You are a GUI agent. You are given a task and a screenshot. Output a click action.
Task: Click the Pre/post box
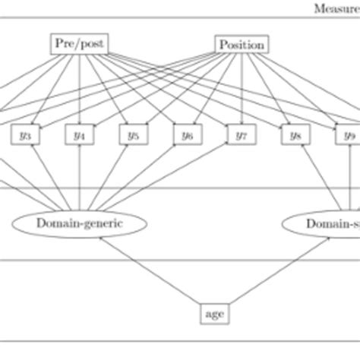[78, 44]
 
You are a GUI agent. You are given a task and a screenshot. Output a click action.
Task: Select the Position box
[242, 45]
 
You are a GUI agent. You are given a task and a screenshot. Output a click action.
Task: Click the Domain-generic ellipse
[79, 224]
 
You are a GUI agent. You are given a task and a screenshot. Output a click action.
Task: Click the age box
[214, 312]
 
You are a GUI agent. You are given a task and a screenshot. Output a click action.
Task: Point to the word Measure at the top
[336, 8]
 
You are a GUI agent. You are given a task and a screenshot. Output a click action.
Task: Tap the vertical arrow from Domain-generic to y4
[79, 178]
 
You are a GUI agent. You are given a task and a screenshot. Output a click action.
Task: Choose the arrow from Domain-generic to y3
[52, 176]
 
